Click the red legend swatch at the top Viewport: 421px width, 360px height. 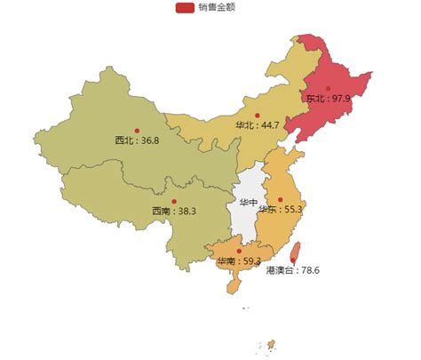tap(185, 7)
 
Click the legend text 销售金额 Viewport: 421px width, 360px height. tap(217, 7)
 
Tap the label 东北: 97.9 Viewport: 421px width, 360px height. tap(328, 98)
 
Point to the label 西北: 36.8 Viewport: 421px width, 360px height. tap(137, 140)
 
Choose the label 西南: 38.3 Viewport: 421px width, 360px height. tap(173, 211)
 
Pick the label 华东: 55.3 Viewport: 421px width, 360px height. tap(281, 209)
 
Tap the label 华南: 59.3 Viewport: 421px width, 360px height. tap(239, 260)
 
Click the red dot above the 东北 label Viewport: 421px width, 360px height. tap(328, 88)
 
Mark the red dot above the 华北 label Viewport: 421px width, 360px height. tap(258, 115)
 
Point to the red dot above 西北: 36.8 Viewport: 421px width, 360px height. tap(137, 131)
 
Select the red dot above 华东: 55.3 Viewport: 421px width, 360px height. tap(281, 199)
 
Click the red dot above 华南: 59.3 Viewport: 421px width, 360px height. tap(239, 251)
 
